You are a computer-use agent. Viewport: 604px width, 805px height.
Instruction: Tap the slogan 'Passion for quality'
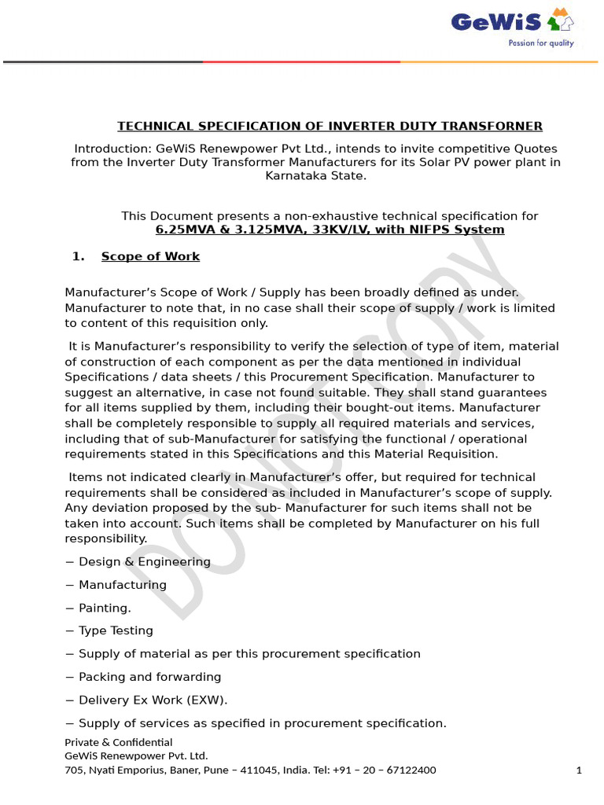click(541, 43)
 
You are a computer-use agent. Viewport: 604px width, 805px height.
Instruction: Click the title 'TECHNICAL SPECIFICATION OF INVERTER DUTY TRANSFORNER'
click(330, 126)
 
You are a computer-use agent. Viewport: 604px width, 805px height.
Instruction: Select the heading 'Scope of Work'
click(150, 256)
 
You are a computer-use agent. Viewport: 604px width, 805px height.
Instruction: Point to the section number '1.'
click(78, 256)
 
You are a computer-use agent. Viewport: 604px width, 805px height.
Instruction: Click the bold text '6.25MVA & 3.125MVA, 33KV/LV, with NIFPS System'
click(330, 230)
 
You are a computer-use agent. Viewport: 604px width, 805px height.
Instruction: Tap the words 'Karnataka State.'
click(315, 175)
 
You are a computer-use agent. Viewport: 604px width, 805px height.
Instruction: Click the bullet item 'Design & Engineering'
click(144, 562)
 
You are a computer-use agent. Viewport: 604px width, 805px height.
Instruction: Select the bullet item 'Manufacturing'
click(122, 585)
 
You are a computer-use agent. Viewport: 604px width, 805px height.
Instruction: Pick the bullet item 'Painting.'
click(105, 608)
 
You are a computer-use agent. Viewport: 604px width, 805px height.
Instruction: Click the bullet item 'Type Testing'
click(116, 630)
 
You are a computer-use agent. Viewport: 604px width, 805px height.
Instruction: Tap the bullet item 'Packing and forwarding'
click(149, 677)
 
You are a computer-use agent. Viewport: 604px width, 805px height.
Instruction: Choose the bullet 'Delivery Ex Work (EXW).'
click(153, 700)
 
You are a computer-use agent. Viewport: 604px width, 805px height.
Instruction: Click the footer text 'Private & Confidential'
click(118, 742)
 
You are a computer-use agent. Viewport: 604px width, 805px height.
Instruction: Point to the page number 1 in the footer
click(579, 770)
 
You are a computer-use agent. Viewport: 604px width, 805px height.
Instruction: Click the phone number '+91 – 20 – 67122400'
click(386, 770)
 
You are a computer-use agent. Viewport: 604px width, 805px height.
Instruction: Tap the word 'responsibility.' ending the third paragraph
click(105, 539)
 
